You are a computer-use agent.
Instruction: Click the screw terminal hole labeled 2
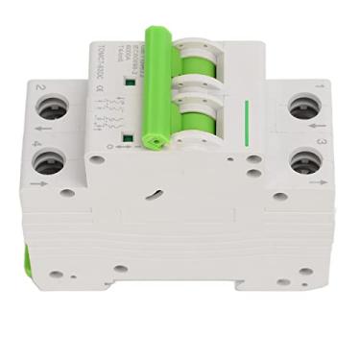(x=54, y=109)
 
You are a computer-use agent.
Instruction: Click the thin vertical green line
(x=247, y=124)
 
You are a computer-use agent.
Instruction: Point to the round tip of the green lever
(x=153, y=140)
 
